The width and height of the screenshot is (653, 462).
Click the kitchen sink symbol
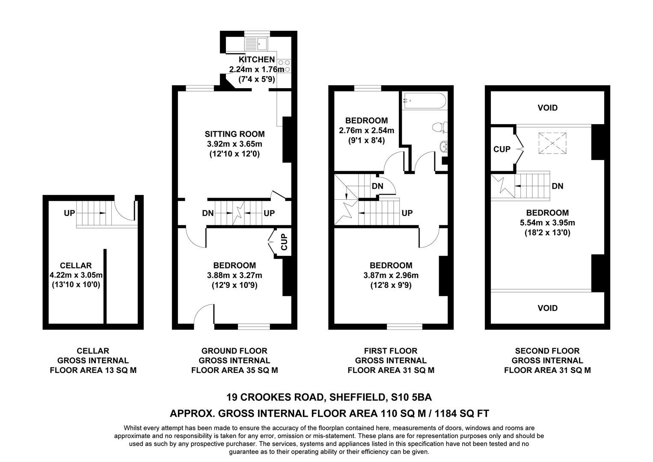(256, 43)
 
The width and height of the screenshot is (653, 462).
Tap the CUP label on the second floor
(502, 149)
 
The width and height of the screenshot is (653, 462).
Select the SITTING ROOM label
(234, 134)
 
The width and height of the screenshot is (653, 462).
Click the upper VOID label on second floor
(547, 108)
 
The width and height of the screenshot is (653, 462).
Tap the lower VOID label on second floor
(547, 308)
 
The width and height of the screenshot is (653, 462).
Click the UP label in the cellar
(69, 213)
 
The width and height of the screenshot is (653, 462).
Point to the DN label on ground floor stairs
(208, 213)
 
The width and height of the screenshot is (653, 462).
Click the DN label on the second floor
(557, 186)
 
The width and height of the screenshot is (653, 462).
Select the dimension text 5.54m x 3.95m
(547, 223)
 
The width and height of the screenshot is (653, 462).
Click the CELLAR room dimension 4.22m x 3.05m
(76, 275)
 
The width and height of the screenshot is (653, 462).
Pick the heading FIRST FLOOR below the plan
(391, 351)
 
